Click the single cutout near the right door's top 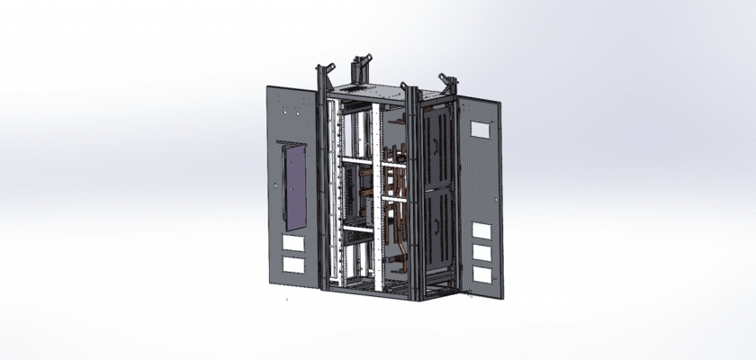pos(481,129)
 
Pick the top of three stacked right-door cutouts pos(482,231)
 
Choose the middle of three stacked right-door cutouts pos(482,254)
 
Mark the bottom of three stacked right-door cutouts pos(482,275)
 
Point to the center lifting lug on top pos(362,66)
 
